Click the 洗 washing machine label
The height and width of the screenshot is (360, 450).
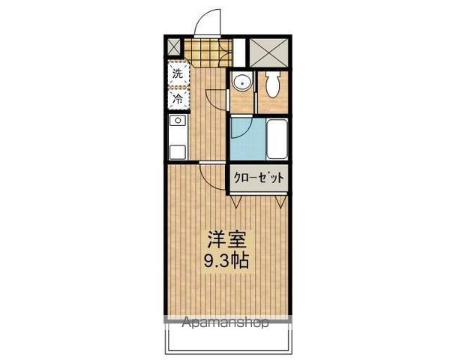(178, 73)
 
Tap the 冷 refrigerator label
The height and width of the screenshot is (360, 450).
(178, 97)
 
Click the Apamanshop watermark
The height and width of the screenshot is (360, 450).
(226, 324)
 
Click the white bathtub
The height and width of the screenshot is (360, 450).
(275, 139)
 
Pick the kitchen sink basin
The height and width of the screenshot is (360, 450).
(178, 121)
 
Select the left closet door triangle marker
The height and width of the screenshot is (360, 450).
(235, 201)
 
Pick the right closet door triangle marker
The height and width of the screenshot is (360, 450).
(282, 201)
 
